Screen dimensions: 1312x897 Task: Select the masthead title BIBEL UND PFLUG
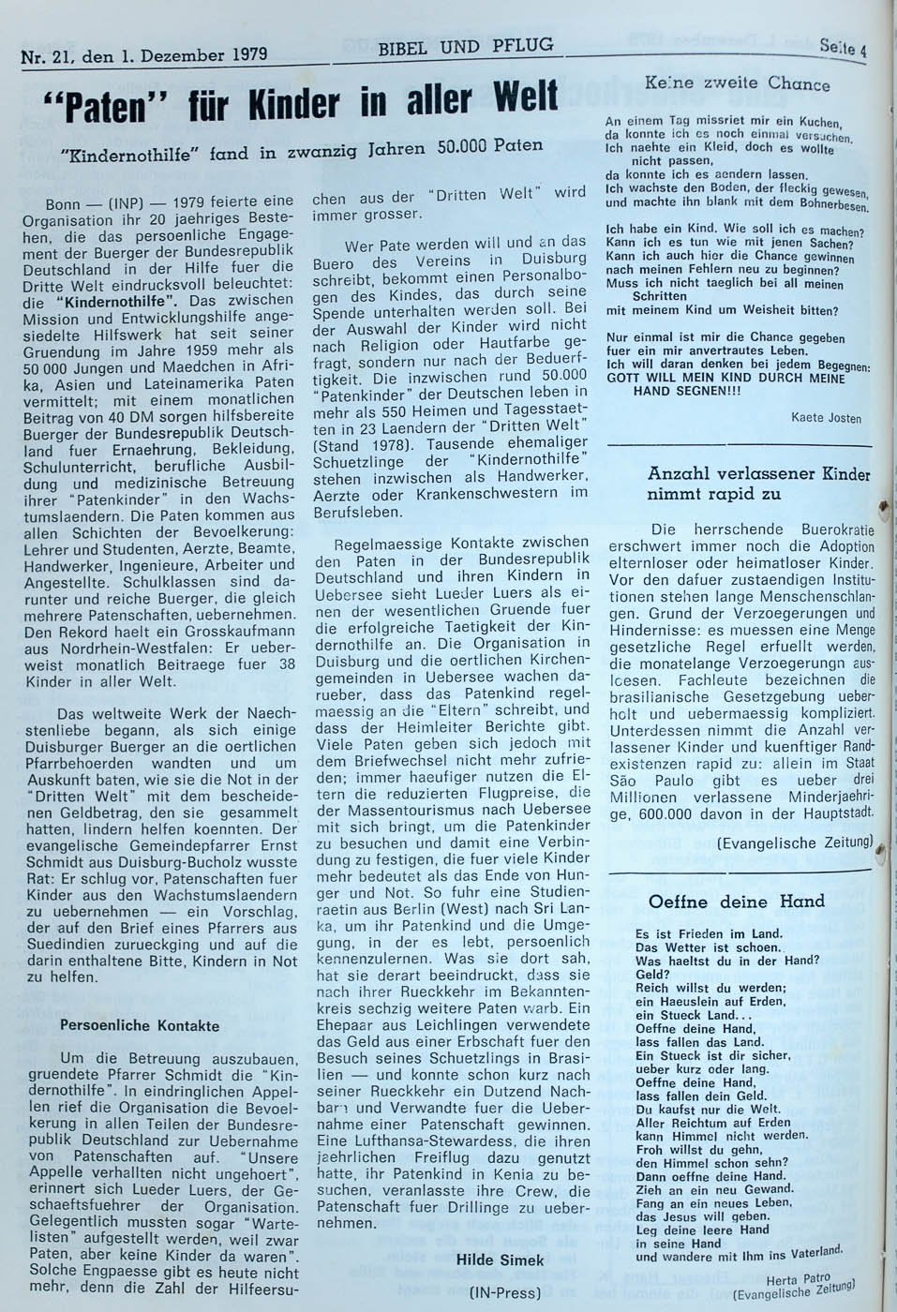pyautogui.click(x=465, y=45)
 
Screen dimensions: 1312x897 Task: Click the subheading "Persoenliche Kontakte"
pyautogui.click(x=140, y=1025)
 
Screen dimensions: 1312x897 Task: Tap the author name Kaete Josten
pyautogui.click(x=826, y=418)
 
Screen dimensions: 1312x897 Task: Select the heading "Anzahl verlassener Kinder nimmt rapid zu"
pyautogui.click(x=757, y=484)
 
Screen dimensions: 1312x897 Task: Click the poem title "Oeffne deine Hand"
pyautogui.click(x=737, y=902)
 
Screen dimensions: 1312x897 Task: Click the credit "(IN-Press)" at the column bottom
pyautogui.click(x=505, y=1293)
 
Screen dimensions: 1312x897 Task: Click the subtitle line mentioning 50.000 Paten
pyautogui.click(x=300, y=149)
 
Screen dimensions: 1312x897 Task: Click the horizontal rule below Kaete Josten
pyautogui.click(x=739, y=441)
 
